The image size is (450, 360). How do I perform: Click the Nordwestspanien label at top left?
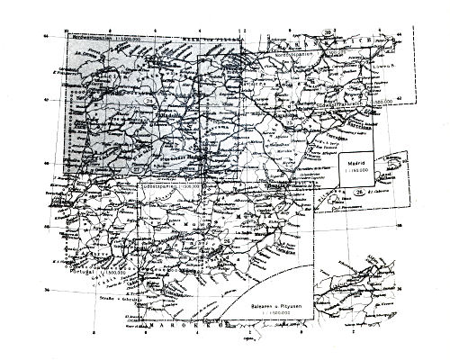point(90,40)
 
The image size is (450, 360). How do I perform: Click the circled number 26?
point(360,191)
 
